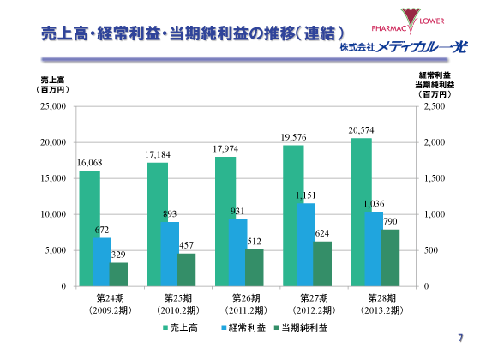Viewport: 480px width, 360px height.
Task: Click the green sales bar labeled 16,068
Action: [89, 228]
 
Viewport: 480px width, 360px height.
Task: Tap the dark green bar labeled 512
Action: [255, 267]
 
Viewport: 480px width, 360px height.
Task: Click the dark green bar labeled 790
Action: [390, 257]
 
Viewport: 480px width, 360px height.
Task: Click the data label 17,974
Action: [226, 149]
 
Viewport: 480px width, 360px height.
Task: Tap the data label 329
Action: [118, 255]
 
